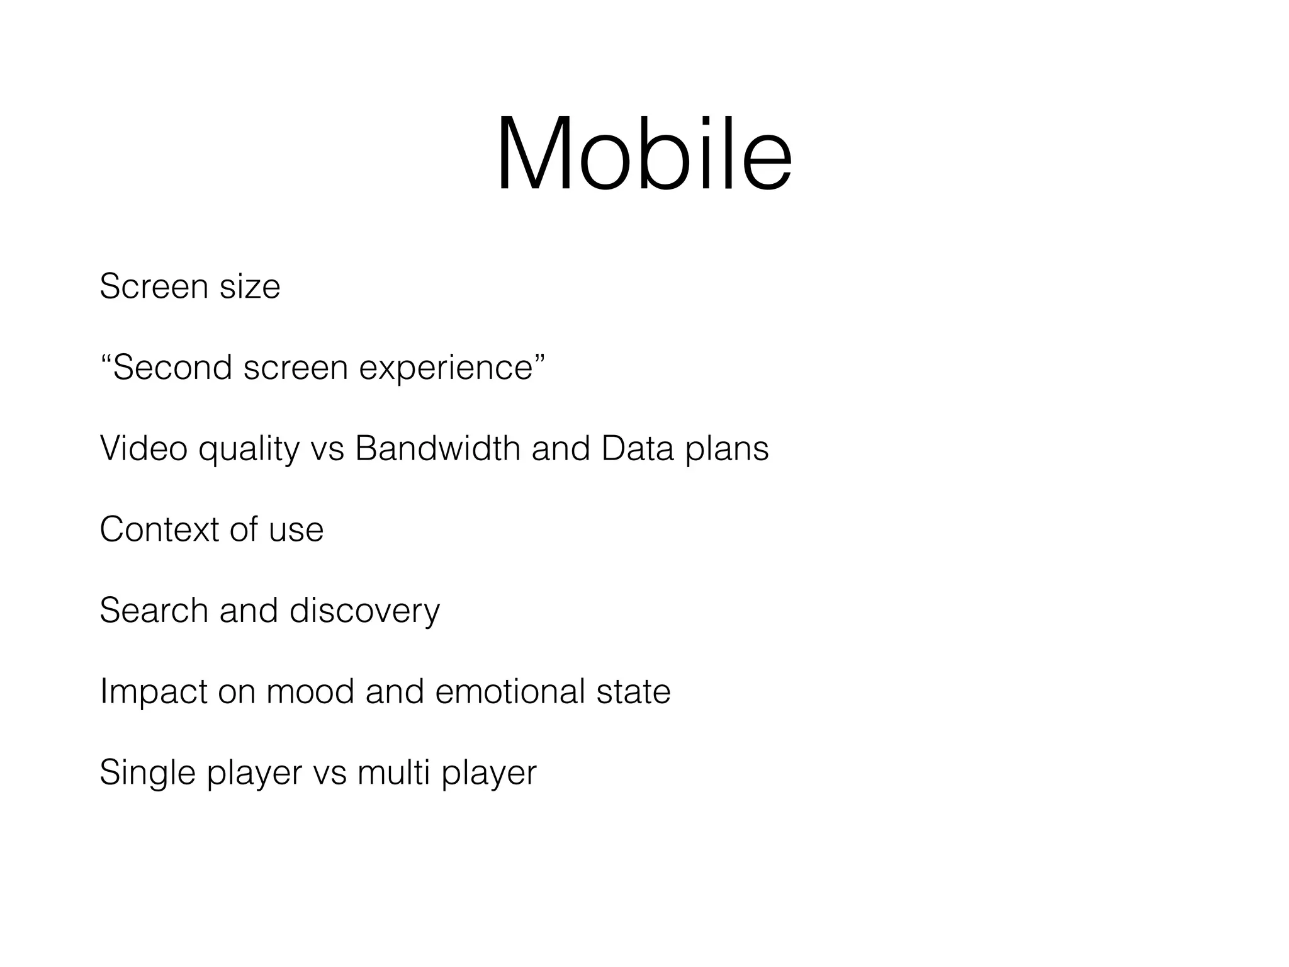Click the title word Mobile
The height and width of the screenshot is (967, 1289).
(x=644, y=154)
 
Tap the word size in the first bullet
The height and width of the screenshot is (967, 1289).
(x=250, y=287)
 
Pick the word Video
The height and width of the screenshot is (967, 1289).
(x=144, y=449)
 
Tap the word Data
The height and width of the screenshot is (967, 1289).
(x=637, y=449)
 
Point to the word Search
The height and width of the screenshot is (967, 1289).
(x=154, y=611)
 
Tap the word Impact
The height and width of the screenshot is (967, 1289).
(x=153, y=692)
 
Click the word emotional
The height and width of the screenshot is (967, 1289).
(x=510, y=692)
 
